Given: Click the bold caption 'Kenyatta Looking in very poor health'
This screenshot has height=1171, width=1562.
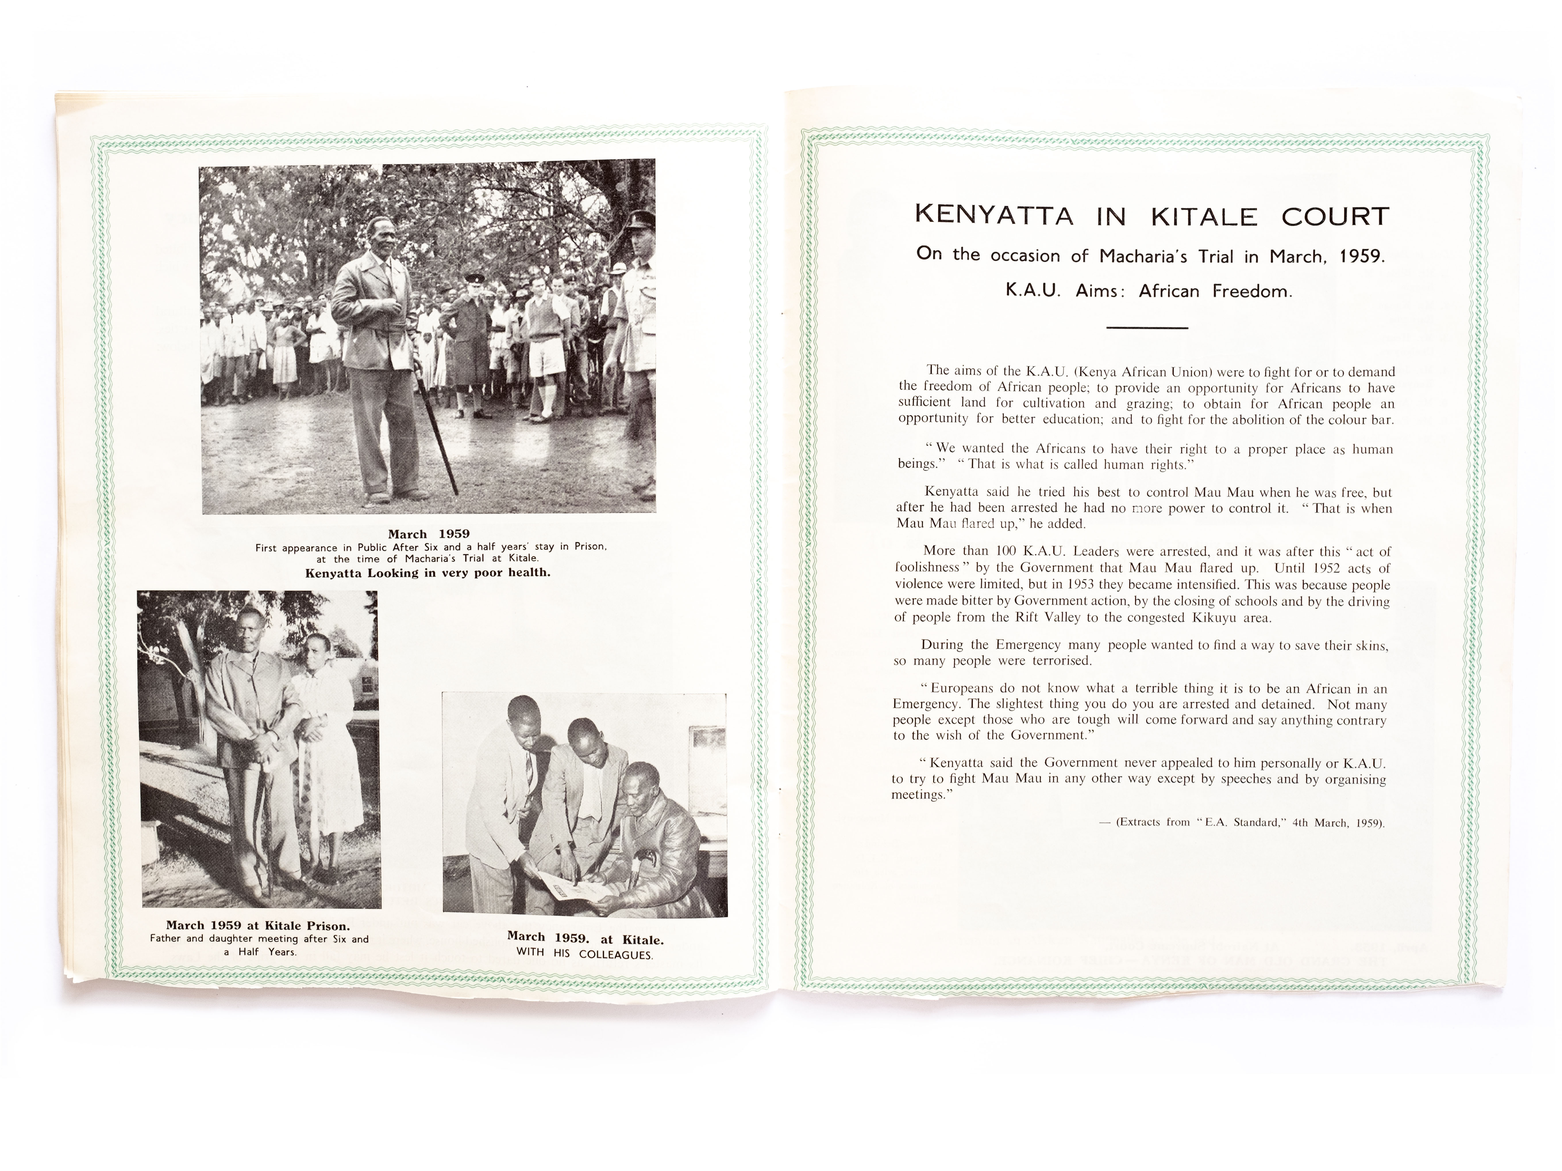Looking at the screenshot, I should (427, 573).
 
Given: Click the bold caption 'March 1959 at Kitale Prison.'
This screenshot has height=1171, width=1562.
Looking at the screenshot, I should (258, 925).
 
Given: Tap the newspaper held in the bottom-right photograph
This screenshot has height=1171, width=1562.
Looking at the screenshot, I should (565, 886).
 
